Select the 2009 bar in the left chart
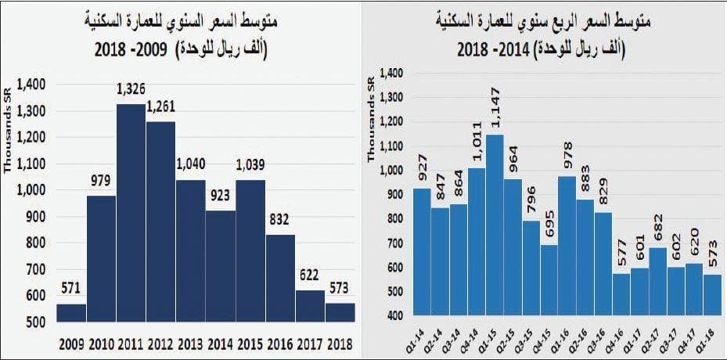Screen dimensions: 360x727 coord(71,312)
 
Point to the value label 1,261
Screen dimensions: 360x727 coord(161,106)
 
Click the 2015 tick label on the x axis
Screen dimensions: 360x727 coord(250,344)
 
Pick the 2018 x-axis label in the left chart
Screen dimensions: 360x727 coord(340,344)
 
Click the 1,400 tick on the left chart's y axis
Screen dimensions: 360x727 coord(33,84)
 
